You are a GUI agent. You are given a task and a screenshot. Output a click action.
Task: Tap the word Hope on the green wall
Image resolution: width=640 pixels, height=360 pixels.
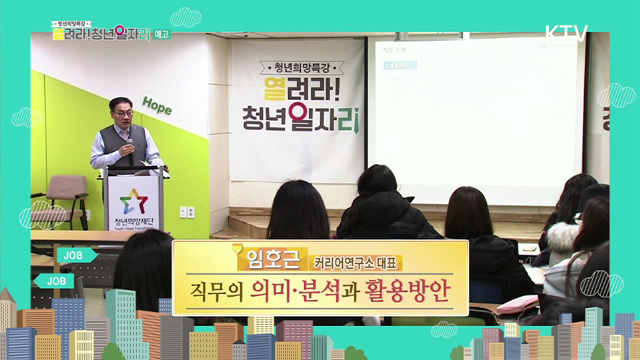click(x=157, y=103)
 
